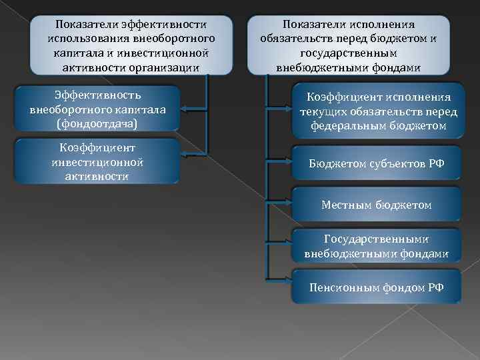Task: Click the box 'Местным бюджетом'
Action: pos(377,205)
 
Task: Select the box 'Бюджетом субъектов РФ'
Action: pos(377,163)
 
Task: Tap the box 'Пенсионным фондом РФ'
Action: pos(377,287)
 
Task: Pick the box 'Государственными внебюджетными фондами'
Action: pos(377,246)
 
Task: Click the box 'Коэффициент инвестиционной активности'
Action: pos(97,161)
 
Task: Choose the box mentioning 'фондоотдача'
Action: pos(97,108)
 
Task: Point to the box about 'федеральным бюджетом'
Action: pos(377,111)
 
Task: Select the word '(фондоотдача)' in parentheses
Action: pos(97,123)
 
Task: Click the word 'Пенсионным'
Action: pos(341,287)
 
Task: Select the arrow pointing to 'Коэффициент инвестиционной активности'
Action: pos(193,161)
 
